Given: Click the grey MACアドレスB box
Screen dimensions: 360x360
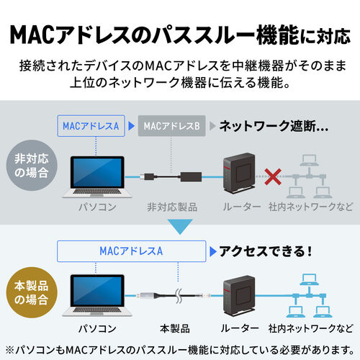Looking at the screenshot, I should tap(171, 126).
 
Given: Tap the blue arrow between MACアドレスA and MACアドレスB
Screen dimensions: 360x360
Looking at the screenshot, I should tap(131, 126).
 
